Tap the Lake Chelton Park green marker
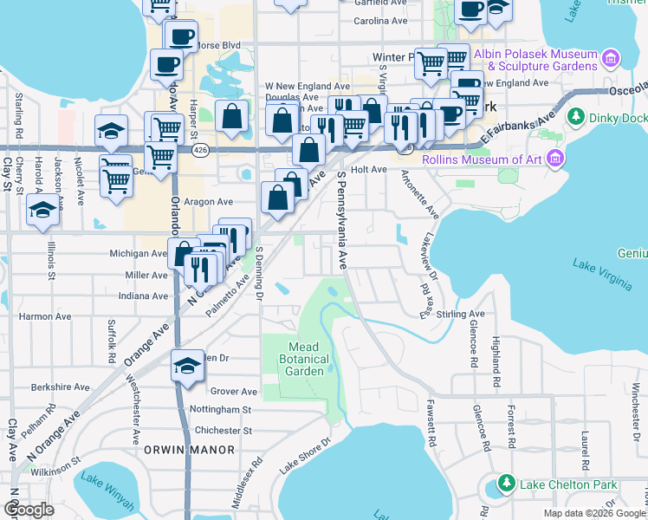[x=506, y=483]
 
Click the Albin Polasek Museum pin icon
[x=611, y=59]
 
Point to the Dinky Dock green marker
[x=574, y=116]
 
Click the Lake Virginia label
[x=596, y=266]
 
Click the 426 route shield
[x=200, y=151]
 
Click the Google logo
[x=29, y=510]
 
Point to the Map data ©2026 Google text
[x=593, y=513]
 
